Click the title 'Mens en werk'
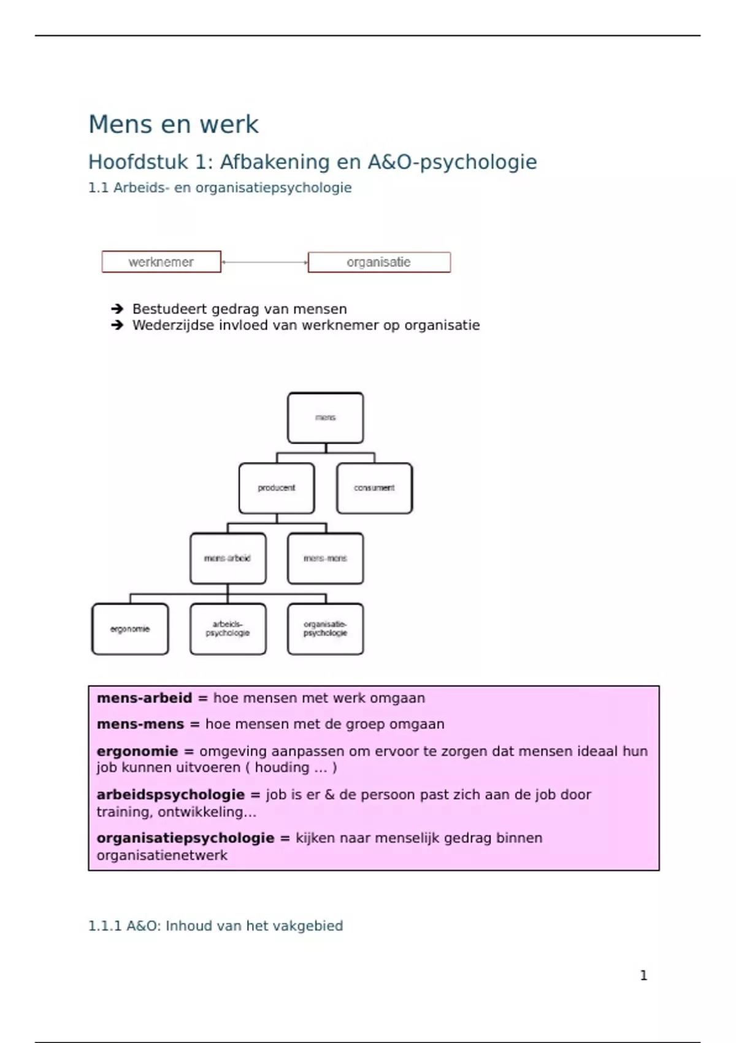pyautogui.click(x=174, y=125)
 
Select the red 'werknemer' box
pyautogui.click(x=161, y=262)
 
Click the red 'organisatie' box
pyautogui.click(x=379, y=263)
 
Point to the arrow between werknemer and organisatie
pyautogui.click(x=264, y=263)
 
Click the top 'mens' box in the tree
pyautogui.click(x=325, y=418)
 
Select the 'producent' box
pyautogui.click(x=277, y=488)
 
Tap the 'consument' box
pyautogui.click(x=374, y=488)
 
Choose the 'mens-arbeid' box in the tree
pyautogui.click(x=228, y=558)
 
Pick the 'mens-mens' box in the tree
pyautogui.click(x=325, y=558)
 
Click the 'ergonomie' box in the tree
pyautogui.click(x=130, y=629)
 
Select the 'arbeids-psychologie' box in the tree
pyautogui.click(x=228, y=629)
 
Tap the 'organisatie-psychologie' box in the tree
pyautogui.click(x=325, y=629)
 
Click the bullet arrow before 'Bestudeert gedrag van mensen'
pyautogui.click(x=117, y=309)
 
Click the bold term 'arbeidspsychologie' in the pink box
pyautogui.click(x=171, y=795)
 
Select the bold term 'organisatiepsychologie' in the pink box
pyautogui.click(x=185, y=838)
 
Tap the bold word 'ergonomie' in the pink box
pyautogui.click(x=137, y=752)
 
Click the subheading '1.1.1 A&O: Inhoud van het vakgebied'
pyautogui.click(x=215, y=926)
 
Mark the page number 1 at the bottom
pyautogui.click(x=643, y=976)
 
